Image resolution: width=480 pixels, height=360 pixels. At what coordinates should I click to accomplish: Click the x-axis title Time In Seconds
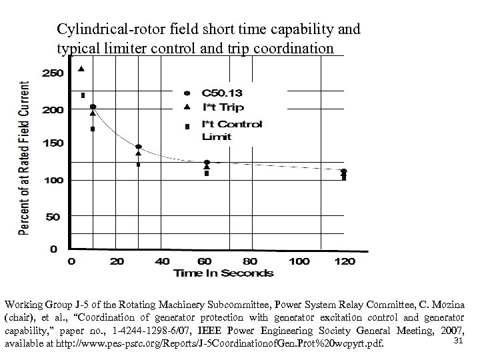coord(223,273)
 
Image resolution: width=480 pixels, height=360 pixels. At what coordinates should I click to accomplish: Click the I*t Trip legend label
coord(222,107)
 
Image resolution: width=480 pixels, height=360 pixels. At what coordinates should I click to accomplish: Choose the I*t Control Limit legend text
coord(231,130)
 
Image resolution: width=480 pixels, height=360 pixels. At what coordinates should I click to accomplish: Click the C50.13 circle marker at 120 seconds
coord(344,171)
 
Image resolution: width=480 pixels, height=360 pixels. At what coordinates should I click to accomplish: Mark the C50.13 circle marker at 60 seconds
coord(207,162)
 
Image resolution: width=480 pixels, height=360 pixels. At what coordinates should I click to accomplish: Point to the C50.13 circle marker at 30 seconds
coord(138,147)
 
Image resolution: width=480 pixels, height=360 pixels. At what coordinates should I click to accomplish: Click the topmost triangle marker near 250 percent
coord(81,68)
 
